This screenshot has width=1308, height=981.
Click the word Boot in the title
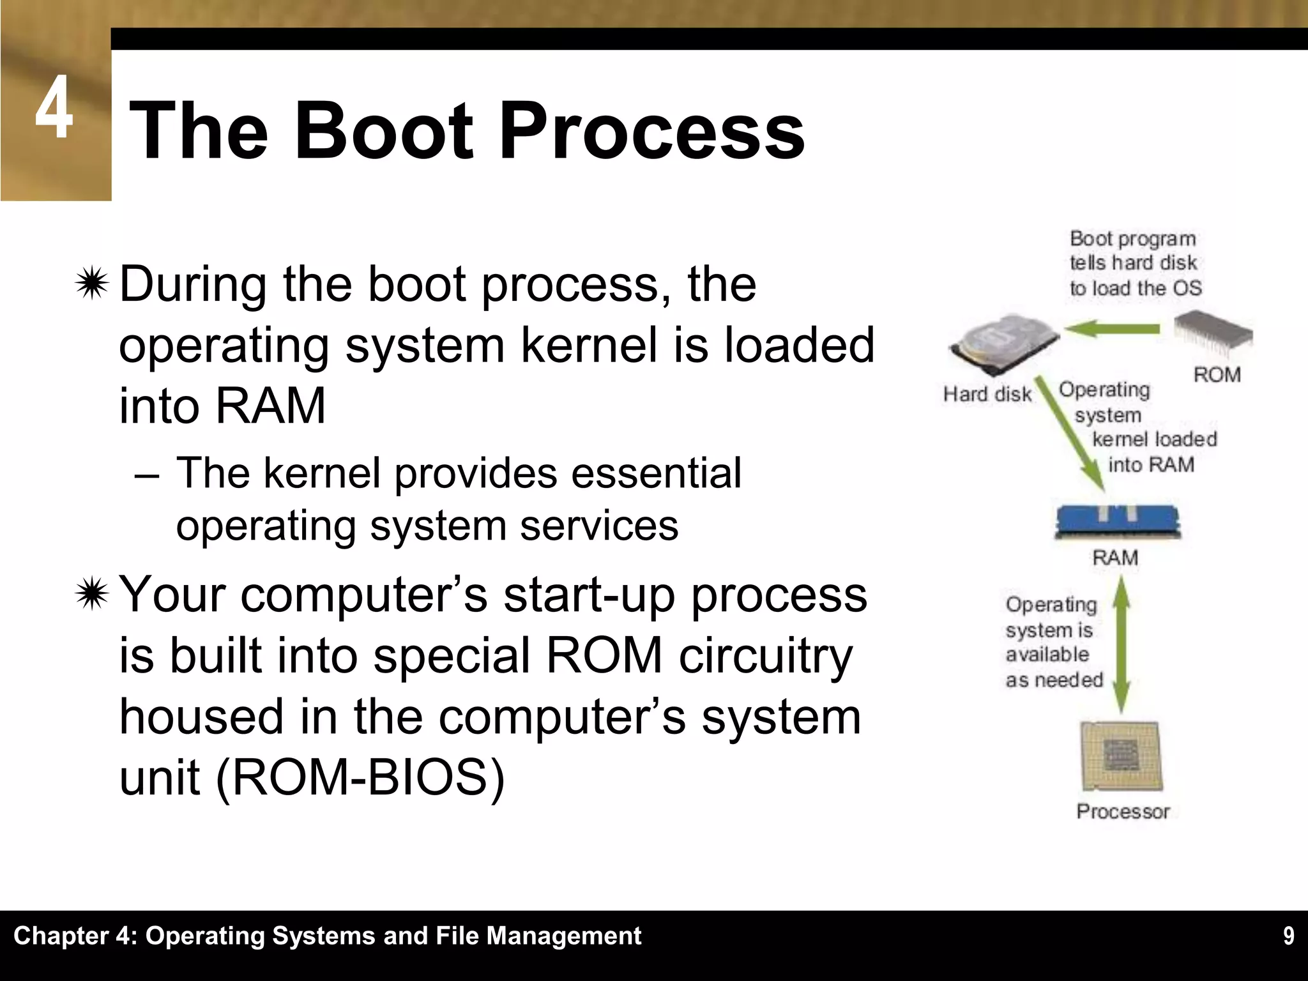pos(384,132)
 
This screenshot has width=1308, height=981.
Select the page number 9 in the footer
pos(1288,936)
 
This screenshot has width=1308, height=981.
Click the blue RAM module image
pos(1117,521)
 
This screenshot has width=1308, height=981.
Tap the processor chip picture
pos(1122,757)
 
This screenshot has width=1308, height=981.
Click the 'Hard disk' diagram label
pos(987,394)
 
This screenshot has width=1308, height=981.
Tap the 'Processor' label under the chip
pos(1123,811)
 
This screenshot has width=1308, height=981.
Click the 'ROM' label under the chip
pos(1217,374)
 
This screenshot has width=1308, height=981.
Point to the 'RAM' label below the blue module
pos(1115,558)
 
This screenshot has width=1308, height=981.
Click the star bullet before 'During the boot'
pos(92,284)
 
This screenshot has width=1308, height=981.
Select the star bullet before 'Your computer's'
pos(92,595)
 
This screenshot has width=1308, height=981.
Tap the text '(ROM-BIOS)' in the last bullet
pos(360,777)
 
